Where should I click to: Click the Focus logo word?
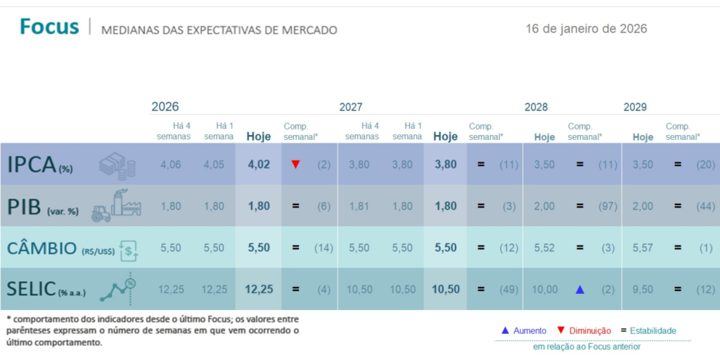click(x=49, y=27)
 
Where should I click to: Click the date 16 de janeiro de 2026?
click(x=586, y=29)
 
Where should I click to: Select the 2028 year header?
click(x=536, y=107)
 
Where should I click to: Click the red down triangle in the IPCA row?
click(x=295, y=165)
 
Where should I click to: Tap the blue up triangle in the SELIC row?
click(x=580, y=289)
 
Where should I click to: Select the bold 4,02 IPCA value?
click(x=259, y=165)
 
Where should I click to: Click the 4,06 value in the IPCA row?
click(x=171, y=165)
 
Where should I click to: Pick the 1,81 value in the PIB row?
click(x=359, y=206)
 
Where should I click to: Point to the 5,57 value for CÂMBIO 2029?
click(x=643, y=247)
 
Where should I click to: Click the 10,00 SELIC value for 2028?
click(x=544, y=289)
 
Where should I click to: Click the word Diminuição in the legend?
click(x=590, y=330)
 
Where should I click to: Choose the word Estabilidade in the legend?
click(x=652, y=330)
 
